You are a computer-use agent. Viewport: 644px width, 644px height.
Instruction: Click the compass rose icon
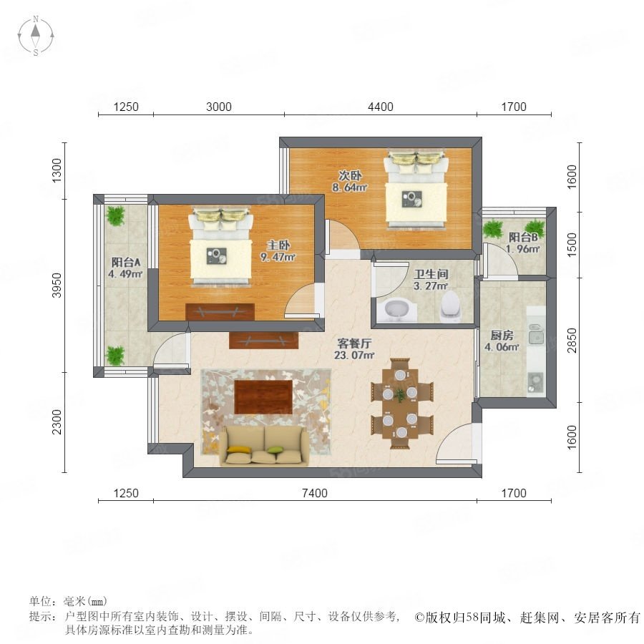pos(36,36)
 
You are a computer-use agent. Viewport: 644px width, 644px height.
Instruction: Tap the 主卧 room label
pos(278,245)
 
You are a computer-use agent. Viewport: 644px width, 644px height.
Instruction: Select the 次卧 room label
pos(350,175)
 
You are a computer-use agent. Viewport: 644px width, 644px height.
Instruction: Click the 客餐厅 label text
pos(354,343)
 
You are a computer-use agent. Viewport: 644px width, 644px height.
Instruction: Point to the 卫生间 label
pos(431,274)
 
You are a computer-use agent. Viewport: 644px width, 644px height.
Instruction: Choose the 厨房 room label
pos(502,335)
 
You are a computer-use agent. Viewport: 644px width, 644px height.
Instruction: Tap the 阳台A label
pos(126,262)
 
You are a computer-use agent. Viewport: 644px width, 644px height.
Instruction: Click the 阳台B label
pos(523,237)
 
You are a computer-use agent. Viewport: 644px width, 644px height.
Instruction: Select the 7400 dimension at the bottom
pos(315,493)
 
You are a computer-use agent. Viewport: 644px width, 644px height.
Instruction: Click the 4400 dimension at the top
pos(381,107)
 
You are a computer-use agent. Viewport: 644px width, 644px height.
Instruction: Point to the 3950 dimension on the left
pos(57,285)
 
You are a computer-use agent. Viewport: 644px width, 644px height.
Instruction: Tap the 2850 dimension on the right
pos(572,340)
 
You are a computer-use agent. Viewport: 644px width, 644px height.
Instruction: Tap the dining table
pos(401,404)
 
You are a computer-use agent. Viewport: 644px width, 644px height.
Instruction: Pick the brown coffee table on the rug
pos(263,396)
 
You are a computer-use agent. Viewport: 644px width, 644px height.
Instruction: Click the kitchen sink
pos(536,337)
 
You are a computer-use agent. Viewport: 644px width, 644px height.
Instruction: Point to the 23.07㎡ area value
pos(354,355)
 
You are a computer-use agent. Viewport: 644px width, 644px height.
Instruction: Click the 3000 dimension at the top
pos(218,107)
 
